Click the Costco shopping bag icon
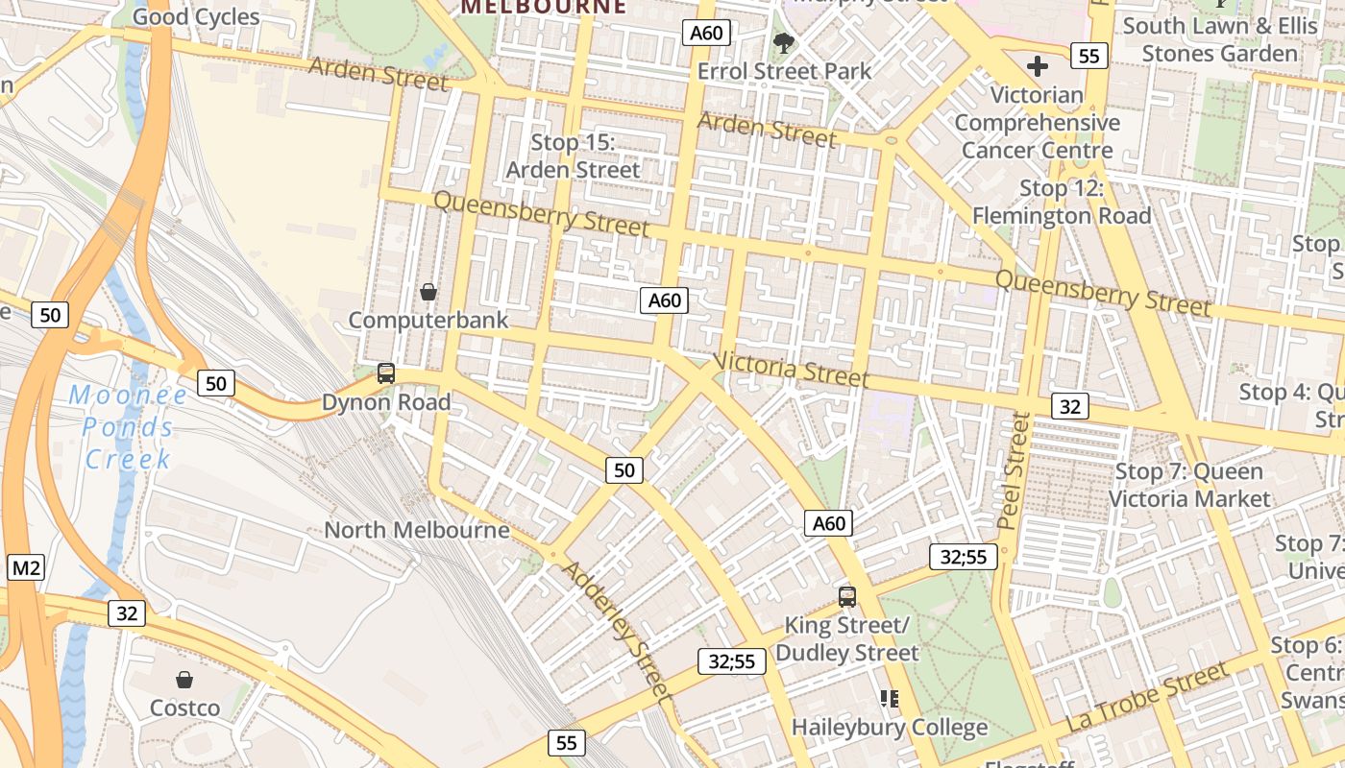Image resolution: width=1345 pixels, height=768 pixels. coord(184,680)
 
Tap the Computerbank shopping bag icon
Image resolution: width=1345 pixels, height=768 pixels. coord(428,291)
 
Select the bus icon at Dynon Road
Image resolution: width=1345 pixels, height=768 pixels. coord(386,373)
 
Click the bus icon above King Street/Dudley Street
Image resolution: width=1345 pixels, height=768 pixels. coord(846,596)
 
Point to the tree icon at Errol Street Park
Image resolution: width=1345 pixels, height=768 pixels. coord(784,42)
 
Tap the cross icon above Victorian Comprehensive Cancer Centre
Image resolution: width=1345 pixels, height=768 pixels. coord(1038,66)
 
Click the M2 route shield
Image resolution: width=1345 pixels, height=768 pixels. coord(26,567)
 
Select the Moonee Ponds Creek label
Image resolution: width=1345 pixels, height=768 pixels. coord(128,426)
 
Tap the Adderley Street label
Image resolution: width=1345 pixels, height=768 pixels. coord(616,629)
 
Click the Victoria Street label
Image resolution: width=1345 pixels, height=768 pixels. coord(791,370)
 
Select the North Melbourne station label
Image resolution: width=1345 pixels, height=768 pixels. coord(417,530)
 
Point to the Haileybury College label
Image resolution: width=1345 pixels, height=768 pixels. coord(889,728)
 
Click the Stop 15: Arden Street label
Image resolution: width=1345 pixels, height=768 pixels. coord(573,156)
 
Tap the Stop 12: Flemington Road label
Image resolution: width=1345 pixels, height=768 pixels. coord(1062,202)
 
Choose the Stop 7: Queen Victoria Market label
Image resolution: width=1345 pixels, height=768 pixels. coord(1189,485)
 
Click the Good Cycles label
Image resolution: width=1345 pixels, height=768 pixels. coord(196,16)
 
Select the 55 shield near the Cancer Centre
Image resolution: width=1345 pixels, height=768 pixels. coord(1088,56)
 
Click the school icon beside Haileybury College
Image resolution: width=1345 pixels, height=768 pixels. coord(890,698)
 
